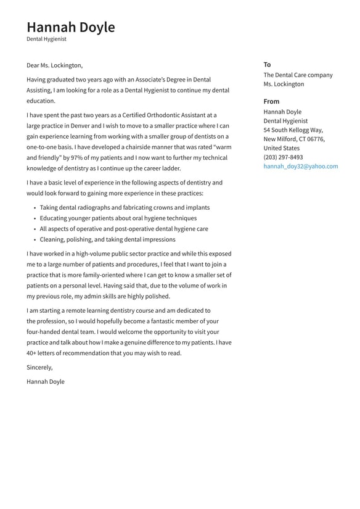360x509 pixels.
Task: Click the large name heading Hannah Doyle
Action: pos(70,27)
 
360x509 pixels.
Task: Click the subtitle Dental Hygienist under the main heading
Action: pos(46,39)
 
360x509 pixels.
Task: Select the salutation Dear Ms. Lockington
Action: pos(54,65)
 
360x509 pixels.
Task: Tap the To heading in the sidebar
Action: pos(267,64)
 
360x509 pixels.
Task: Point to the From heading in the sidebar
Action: pos(271,101)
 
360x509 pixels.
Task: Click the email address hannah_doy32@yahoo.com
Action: pos(300,167)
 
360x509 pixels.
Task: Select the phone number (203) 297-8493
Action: pos(283,157)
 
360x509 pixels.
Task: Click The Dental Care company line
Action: pos(298,75)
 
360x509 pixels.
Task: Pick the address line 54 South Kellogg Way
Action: pos(293,130)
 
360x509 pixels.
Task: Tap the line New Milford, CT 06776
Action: pos(294,139)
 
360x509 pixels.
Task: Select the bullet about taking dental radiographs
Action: pos(125,208)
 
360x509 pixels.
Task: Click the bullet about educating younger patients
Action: pos(118,218)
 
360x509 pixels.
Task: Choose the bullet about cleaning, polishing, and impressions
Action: pos(107,239)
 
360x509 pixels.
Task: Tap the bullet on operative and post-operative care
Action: pos(124,229)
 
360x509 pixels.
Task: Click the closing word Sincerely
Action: pos(39,367)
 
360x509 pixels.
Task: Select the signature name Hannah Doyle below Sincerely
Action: pos(45,381)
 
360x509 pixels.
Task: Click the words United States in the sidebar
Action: pos(281,148)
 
